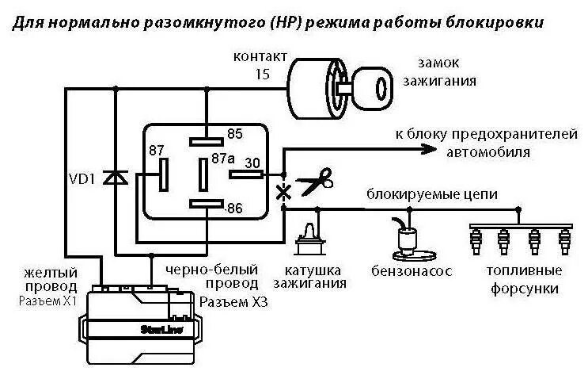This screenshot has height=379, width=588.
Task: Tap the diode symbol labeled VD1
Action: [116, 178]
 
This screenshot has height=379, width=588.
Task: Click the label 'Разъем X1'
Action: [48, 301]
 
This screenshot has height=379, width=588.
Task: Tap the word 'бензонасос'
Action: [411, 272]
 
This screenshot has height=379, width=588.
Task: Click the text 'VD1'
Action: [82, 178]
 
